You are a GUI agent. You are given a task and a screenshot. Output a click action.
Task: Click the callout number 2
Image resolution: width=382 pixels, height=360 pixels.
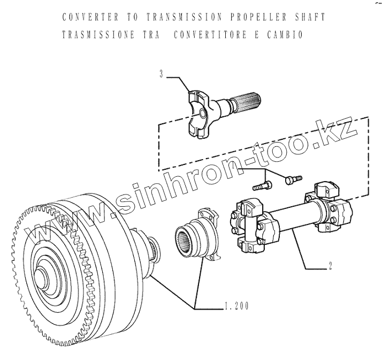(x=331, y=266)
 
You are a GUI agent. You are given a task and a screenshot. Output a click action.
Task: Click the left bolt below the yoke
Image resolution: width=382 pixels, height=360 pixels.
(x=262, y=186)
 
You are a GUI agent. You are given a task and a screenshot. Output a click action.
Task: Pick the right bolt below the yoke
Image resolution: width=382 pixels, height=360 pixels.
(x=293, y=177)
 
